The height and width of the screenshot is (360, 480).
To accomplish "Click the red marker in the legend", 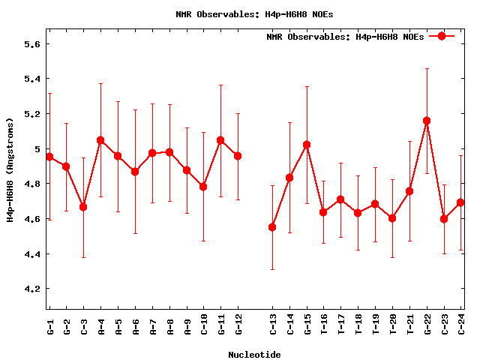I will pyautogui.click(x=442, y=36).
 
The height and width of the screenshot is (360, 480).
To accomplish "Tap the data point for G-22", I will pyautogui.click(x=427, y=121).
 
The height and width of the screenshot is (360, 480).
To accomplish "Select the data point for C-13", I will pyautogui.click(x=272, y=226).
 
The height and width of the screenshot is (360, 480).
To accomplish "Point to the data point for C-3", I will pyautogui.click(x=83, y=206).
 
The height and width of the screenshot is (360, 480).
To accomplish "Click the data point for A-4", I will pyautogui.click(x=100, y=140).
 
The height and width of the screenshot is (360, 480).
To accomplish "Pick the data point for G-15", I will pyautogui.click(x=307, y=145).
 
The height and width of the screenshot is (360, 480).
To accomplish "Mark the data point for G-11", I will pyautogui.click(x=220, y=140).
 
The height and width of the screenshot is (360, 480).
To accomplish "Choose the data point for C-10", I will pyautogui.click(x=203, y=186).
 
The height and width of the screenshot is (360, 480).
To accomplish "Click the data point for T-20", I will pyautogui.click(x=392, y=218).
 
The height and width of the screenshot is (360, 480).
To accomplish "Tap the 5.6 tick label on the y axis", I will pyautogui.click(x=31, y=44).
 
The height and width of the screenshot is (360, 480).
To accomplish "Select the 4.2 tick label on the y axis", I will pyautogui.click(x=31, y=289).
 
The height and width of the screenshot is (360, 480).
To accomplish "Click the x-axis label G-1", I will pyautogui.click(x=49, y=327).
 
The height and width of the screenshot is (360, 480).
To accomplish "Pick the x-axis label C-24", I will pyautogui.click(x=461, y=327).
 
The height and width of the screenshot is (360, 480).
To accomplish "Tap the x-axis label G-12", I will pyautogui.click(x=238, y=327).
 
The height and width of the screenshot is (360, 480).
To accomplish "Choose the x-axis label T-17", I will pyautogui.click(x=340, y=327).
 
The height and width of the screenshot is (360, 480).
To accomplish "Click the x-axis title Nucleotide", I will pyautogui.click(x=254, y=354).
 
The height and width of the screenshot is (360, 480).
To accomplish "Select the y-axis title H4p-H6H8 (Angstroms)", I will pyautogui.click(x=10, y=169).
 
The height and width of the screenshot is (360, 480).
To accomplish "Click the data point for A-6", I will pyautogui.click(x=135, y=172).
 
